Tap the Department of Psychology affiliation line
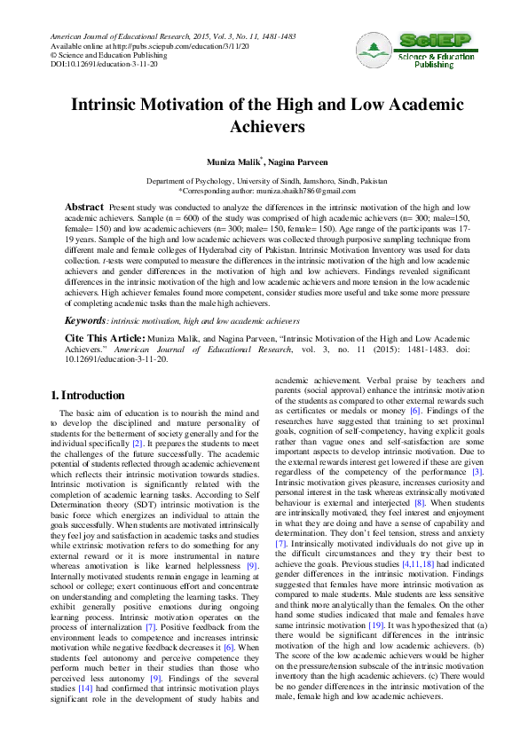[264, 180]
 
